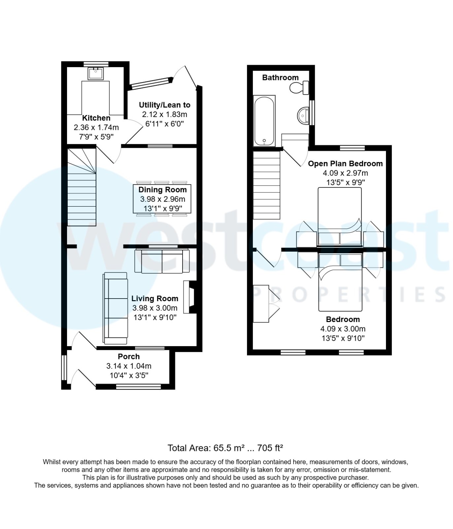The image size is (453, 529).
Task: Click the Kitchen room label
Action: [96, 118]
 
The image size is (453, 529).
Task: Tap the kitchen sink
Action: [96, 73]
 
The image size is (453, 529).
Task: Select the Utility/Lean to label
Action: [164, 105]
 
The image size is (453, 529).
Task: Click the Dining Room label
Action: [162, 190]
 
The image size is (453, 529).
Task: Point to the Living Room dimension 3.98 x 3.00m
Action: [155, 308]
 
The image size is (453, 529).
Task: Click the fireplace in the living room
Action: [190, 297]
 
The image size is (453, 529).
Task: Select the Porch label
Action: [129, 356]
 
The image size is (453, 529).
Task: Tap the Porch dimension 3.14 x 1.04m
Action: [129, 366]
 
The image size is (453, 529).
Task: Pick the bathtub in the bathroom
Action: [264, 121]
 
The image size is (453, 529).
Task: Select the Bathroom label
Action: [280, 77]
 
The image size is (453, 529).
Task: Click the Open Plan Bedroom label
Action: [345, 164]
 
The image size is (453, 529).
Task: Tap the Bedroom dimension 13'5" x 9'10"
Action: [343, 338]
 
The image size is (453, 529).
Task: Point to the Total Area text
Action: [226, 448]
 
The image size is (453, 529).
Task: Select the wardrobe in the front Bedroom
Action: [261, 304]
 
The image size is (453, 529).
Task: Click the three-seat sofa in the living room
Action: [116, 308]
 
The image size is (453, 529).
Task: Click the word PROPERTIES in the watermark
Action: [350, 295]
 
